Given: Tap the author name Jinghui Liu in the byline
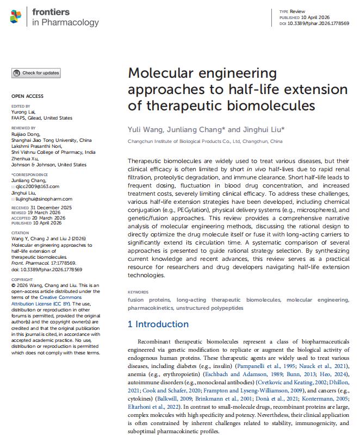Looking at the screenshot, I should coord(262,130).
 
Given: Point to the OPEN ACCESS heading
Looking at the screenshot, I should coord(27,96).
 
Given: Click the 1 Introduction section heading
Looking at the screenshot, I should coord(158,324).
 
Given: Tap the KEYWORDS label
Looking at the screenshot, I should coord(138,292).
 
